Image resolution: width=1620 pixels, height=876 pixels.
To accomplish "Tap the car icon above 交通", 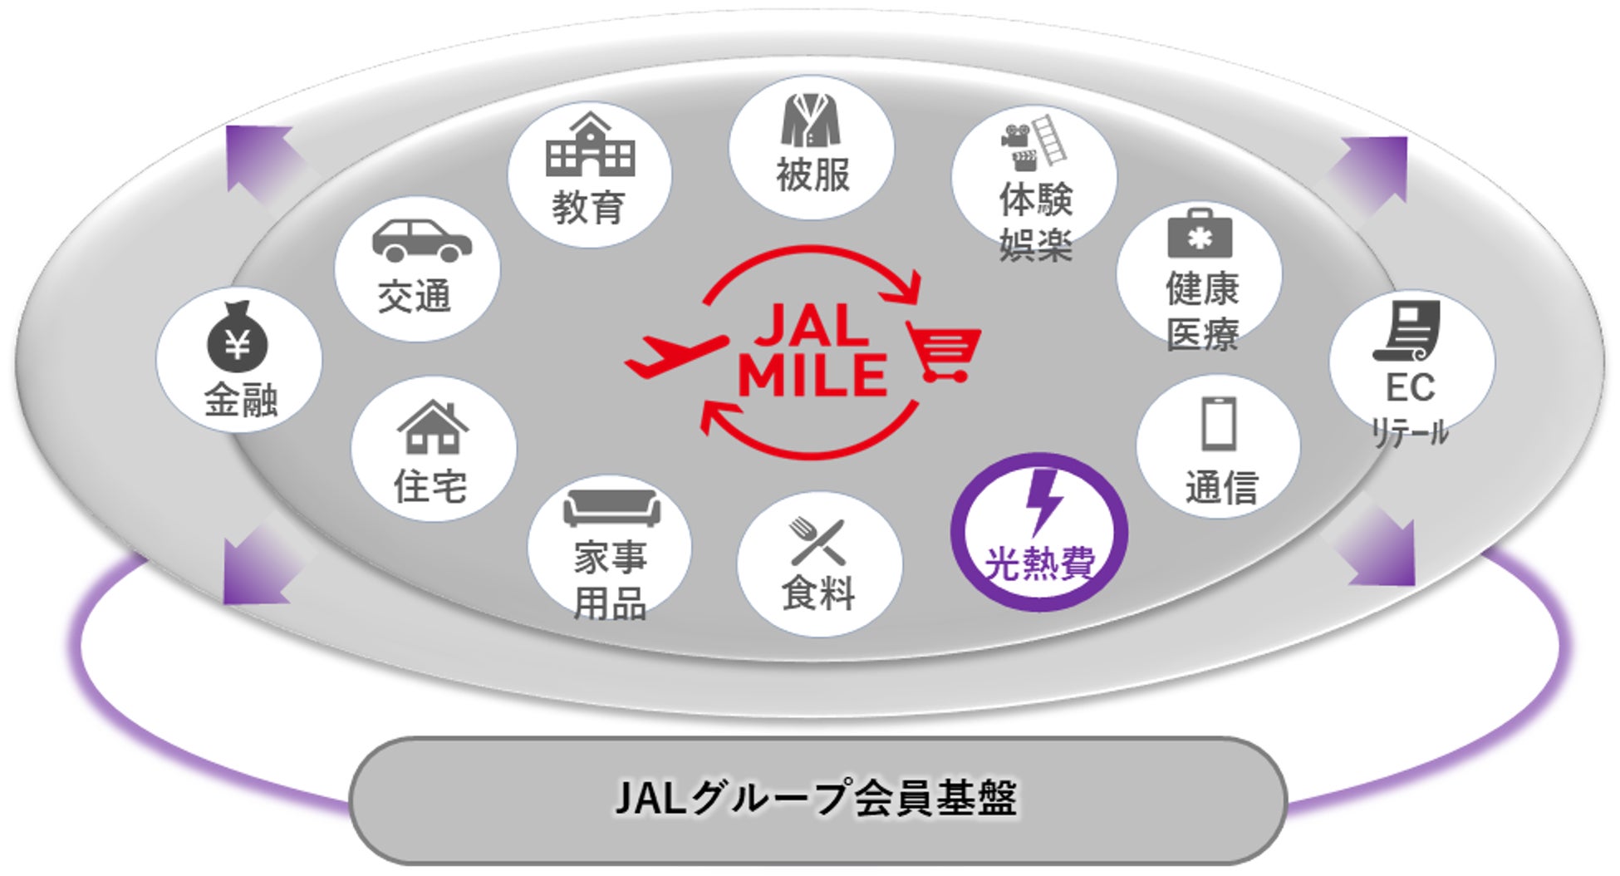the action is (421, 241).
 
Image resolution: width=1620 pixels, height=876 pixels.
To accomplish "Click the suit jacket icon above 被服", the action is (810, 121).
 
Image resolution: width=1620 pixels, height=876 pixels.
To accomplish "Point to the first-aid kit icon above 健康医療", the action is (1200, 234).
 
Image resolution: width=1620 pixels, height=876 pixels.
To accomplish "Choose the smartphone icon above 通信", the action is (1219, 424).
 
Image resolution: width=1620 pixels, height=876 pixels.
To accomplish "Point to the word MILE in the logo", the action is (812, 376).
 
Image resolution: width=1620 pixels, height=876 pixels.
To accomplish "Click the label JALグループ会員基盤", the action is (816, 799).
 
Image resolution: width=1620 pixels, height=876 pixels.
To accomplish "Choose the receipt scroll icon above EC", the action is (1407, 331).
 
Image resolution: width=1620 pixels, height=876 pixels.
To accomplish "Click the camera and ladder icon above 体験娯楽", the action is (1033, 142).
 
